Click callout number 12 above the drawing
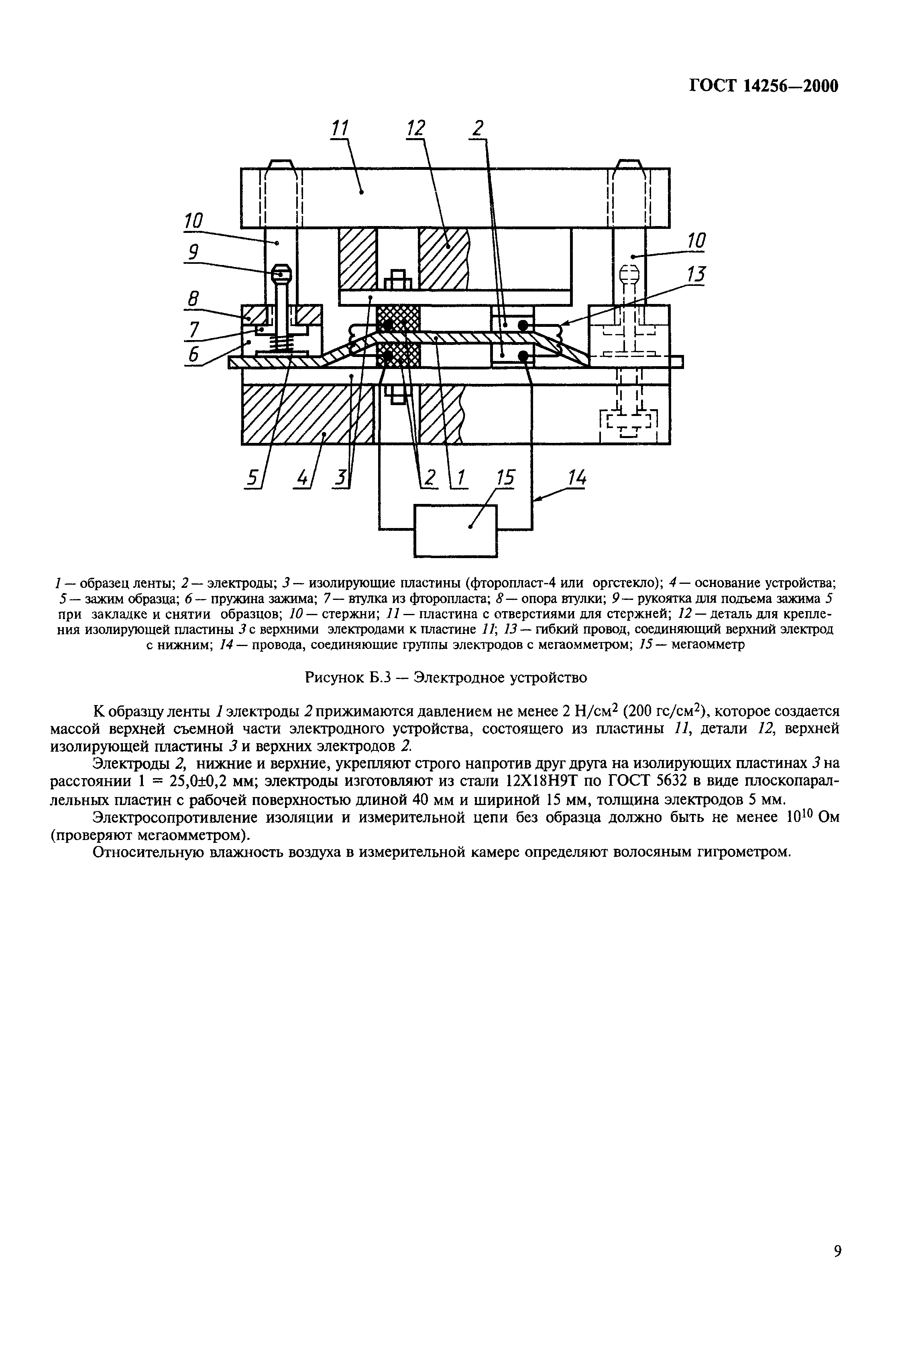pos(416,128)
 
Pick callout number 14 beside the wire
pos(576,478)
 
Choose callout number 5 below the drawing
pos(252,478)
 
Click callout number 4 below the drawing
pos(302,478)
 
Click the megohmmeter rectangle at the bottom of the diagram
pos(455,530)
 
